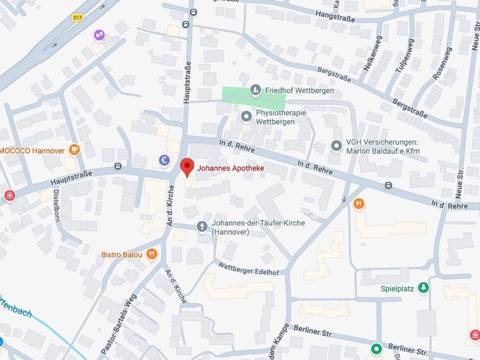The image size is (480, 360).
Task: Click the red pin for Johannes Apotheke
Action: [x=187, y=166]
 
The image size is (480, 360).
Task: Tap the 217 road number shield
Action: [x=77, y=17]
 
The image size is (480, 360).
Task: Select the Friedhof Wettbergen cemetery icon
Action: [x=256, y=90]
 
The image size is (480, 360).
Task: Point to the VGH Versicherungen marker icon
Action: [x=336, y=145]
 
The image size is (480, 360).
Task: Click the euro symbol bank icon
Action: [x=164, y=160]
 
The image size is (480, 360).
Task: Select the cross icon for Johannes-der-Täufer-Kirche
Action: [x=202, y=227]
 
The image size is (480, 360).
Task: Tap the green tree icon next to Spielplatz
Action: [x=423, y=288]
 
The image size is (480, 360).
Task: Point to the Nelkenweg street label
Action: [x=372, y=52]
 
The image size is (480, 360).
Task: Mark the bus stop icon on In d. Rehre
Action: [x=388, y=185]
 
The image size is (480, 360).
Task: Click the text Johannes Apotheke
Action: [x=230, y=168]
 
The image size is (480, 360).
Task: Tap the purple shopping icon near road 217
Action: [x=99, y=34]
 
